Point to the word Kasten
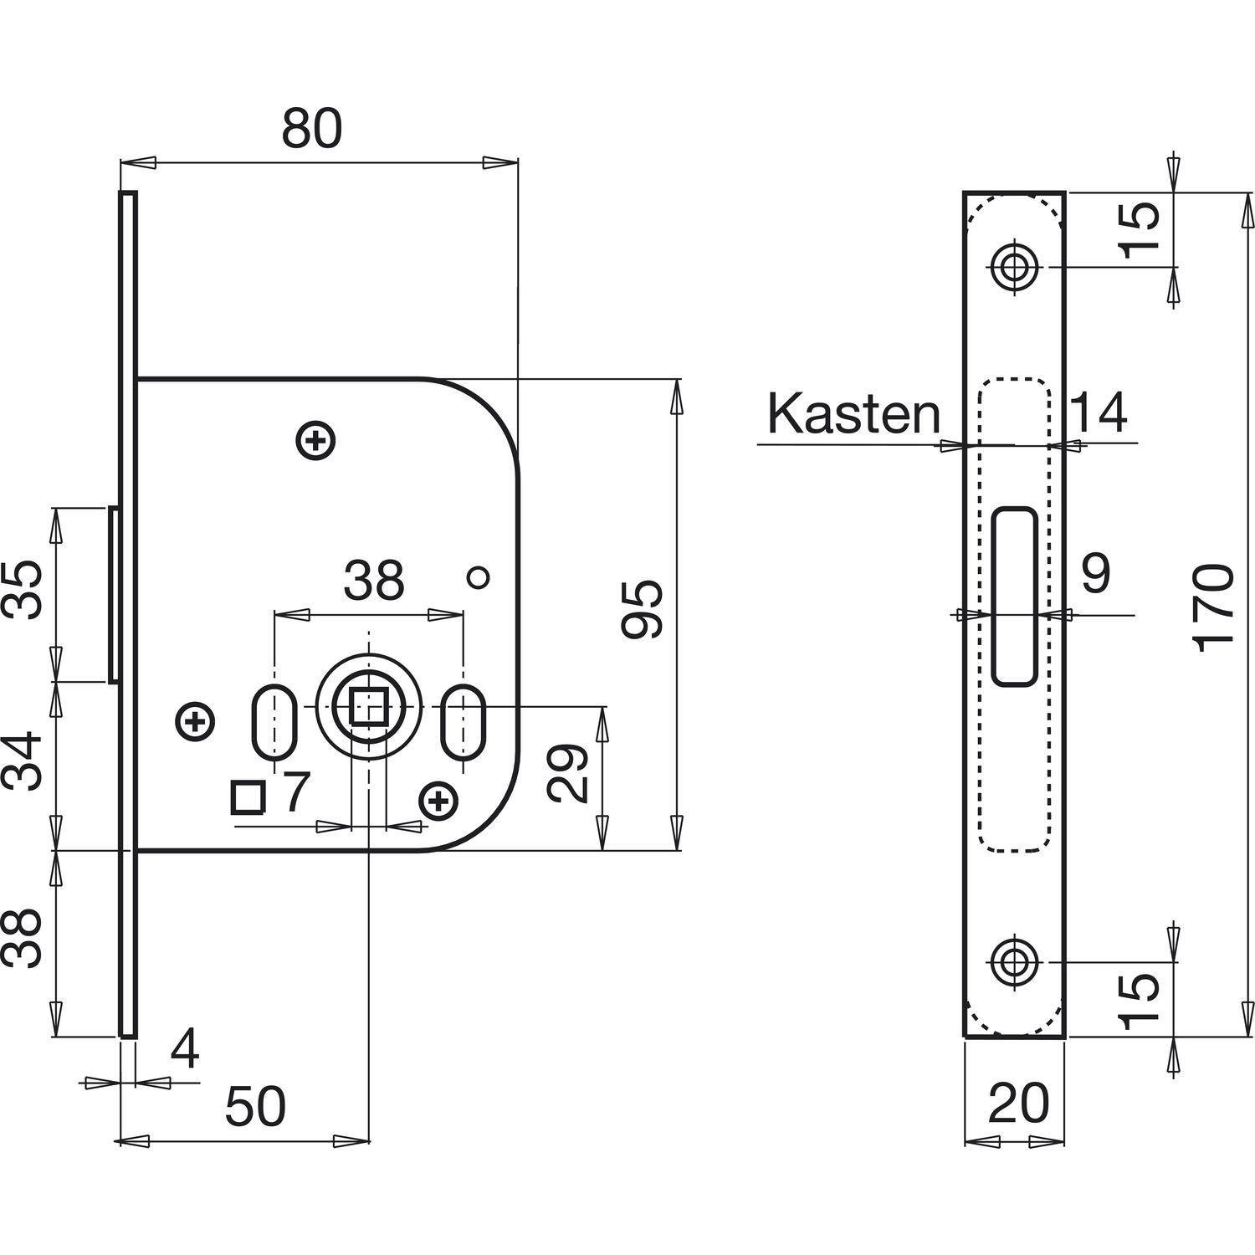point(853,413)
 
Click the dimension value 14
point(1099,412)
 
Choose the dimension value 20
point(1018,1103)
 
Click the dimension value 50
point(255,1106)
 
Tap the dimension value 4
point(184,1051)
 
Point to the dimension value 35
point(25,590)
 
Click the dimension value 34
point(25,761)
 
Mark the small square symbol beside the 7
point(248,797)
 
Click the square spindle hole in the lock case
point(368,705)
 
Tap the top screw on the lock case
point(316,439)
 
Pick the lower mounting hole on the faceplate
point(1014,961)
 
